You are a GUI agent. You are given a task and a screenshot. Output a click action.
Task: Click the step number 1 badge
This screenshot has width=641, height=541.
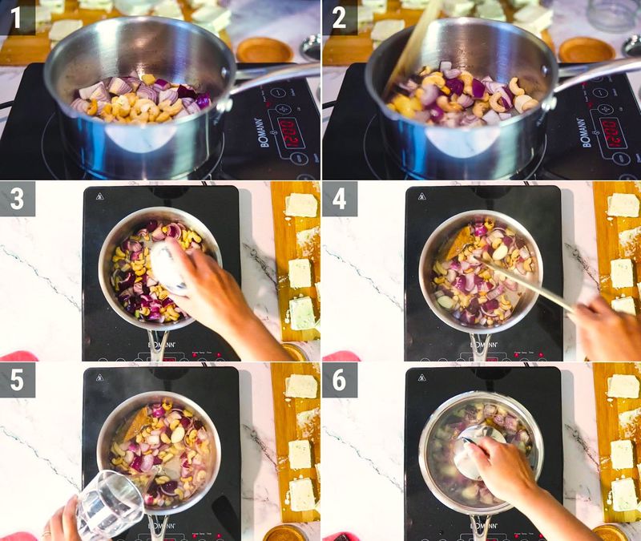click(x=17, y=17)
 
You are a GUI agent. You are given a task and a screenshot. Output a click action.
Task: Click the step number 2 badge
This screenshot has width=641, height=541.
click(x=340, y=17)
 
